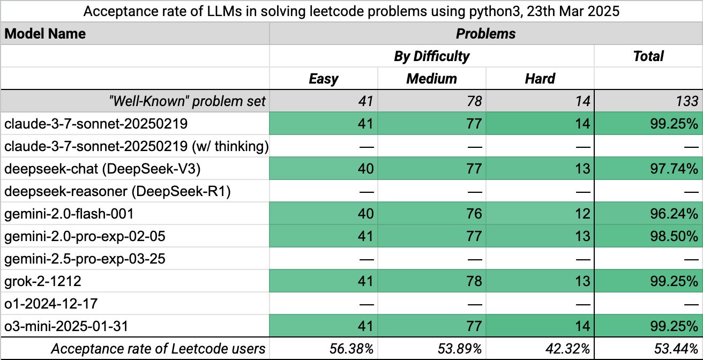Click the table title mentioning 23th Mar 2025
(x=351, y=11)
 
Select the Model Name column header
(x=45, y=34)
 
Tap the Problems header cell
(x=485, y=34)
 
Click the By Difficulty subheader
(x=431, y=56)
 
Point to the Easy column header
(x=324, y=79)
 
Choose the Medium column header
(x=431, y=79)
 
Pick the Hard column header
(x=540, y=79)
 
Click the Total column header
(x=648, y=56)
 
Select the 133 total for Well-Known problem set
(x=686, y=101)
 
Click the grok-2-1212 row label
(x=43, y=281)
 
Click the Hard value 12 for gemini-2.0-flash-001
(x=582, y=214)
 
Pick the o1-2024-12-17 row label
(x=51, y=304)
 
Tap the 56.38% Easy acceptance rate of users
(x=351, y=349)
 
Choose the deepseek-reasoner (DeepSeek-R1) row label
(x=117, y=191)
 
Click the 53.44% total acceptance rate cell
(x=677, y=349)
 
